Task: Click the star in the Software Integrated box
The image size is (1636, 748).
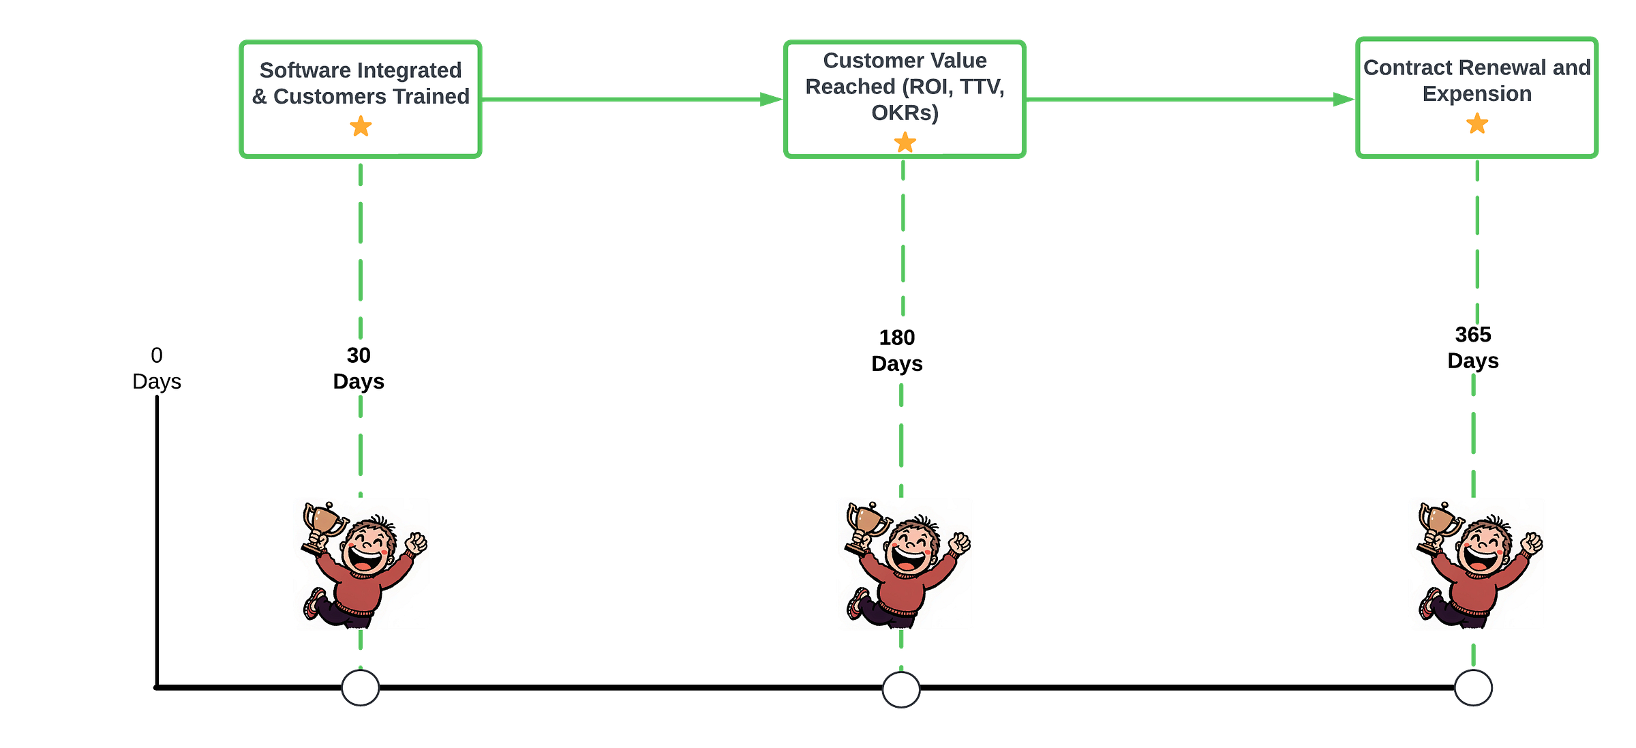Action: click(361, 126)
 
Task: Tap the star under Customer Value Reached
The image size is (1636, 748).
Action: click(905, 143)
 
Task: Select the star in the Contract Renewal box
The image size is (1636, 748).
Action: click(1477, 123)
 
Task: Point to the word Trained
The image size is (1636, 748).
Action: click(434, 96)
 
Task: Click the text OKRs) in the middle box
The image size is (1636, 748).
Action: click(905, 113)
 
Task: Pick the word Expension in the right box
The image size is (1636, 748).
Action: click(1476, 93)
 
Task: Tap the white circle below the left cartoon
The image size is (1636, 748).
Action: click(361, 688)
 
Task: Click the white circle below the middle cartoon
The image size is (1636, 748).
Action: click(901, 690)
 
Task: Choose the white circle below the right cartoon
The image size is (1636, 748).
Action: click(1473, 689)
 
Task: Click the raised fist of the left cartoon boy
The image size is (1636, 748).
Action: click(416, 543)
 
